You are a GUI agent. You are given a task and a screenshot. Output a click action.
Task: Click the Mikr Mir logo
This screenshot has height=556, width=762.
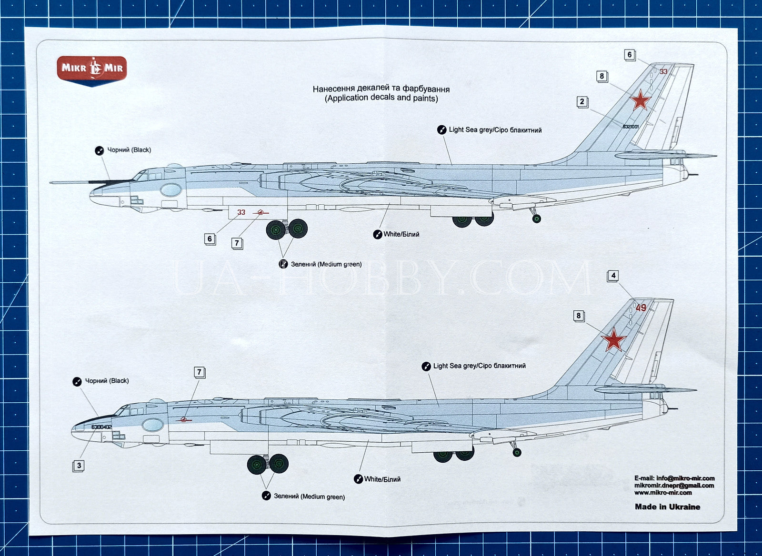click(92, 69)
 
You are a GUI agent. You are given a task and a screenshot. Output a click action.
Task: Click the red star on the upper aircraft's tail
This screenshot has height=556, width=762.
click(641, 100)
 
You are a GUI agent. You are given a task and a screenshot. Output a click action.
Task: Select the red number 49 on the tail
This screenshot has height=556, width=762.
click(641, 308)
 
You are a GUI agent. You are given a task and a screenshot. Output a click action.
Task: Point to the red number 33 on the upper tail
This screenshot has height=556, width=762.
click(663, 72)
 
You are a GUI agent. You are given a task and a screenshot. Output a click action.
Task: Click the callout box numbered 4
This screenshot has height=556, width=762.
click(613, 276)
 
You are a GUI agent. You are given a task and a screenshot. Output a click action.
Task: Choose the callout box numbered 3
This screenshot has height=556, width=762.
click(79, 466)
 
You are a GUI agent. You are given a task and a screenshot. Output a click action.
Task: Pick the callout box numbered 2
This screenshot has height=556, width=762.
click(582, 101)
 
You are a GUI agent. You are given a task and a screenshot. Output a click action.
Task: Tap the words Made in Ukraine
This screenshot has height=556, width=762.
click(667, 506)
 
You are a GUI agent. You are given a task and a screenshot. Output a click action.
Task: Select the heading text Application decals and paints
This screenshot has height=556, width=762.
click(381, 98)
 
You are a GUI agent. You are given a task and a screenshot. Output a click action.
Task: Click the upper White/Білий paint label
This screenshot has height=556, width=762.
click(401, 234)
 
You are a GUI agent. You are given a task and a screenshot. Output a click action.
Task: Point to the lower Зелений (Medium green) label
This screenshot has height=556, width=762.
click(309, 496)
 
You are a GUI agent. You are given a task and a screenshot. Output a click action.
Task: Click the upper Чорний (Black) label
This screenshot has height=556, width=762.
click(129, 150)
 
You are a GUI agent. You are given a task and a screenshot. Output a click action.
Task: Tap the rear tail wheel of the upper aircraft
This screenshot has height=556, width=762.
click(536, 219)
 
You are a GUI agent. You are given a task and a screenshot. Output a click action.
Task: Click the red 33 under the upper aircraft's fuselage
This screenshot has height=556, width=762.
click(241, 212)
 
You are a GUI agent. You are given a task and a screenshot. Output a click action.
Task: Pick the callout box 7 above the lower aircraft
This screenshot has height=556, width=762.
click(199, 372)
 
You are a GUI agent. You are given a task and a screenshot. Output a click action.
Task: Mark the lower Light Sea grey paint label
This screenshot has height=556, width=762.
click(479, 366)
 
